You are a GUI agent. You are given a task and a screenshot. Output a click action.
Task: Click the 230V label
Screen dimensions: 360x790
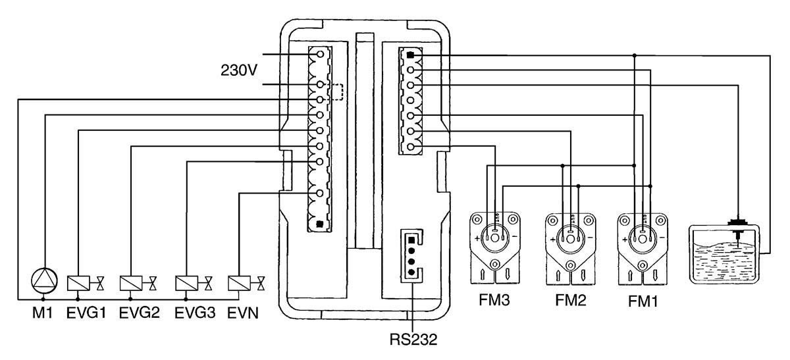coord(238,69)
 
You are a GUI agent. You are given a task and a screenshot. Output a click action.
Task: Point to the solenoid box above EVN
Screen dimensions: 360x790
coord(237,283)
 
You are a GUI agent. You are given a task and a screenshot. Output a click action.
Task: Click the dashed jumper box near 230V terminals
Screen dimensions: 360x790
coord(337,92)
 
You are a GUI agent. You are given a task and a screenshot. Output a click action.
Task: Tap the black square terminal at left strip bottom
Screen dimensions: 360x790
coord(320,223)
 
